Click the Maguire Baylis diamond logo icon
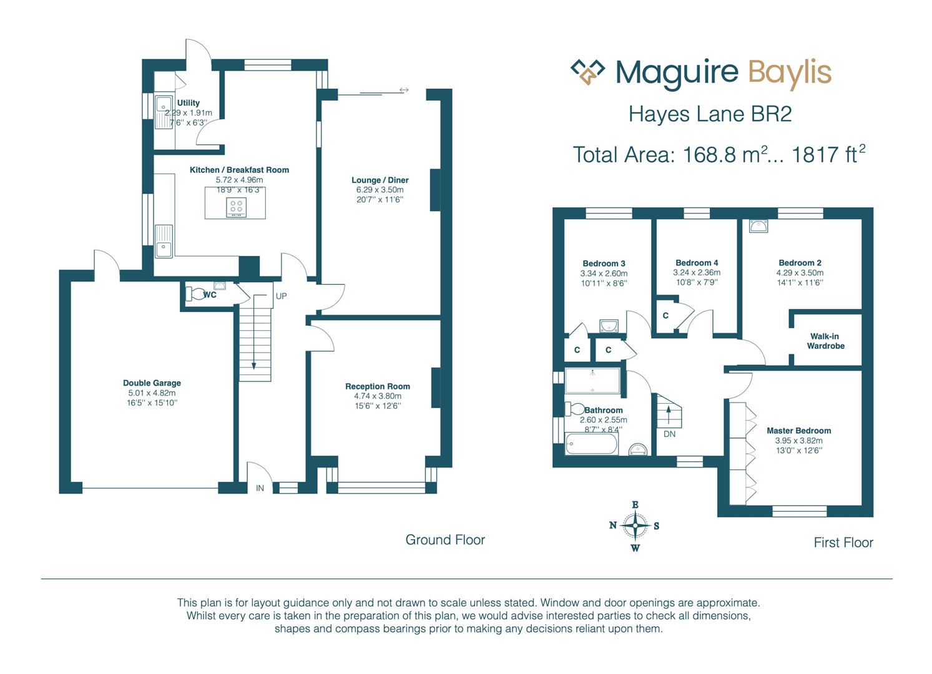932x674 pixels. [587, 72]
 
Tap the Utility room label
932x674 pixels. [189, 103]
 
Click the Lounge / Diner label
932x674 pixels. [380, 180]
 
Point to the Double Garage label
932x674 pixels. [152, 383]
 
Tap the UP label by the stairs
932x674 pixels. [282, 296]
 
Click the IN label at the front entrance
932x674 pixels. [260, 488]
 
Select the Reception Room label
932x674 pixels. [378, 386]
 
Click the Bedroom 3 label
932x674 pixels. [604, 264]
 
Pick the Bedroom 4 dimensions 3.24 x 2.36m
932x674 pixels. [697, 273]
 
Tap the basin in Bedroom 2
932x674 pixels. [758, 226]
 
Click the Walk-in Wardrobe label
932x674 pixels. [825, 341]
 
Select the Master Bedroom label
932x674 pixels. [799, 431]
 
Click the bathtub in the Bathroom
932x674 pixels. [591, 444]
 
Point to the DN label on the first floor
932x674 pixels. [669, 434]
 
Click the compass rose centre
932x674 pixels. [635, 525]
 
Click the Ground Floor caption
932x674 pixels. [445, 540]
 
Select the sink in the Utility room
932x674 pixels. [164, 112]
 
